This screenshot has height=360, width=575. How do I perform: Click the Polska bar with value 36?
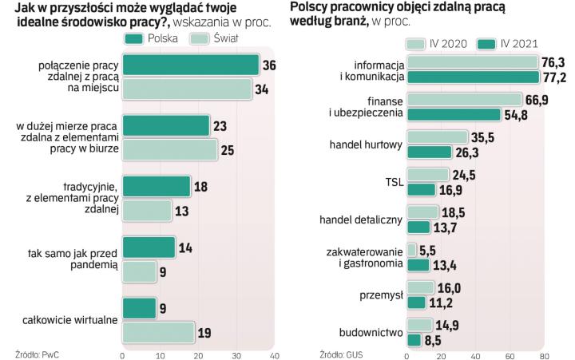pos(190,65)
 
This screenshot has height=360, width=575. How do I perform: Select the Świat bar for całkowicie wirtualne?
pos(158,331)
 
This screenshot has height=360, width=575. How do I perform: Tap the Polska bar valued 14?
pos(148,247)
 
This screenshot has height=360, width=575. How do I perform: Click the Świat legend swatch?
pos(200,38)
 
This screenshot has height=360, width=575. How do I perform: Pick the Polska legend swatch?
pos(137,38)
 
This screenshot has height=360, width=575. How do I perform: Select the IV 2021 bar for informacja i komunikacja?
pos(472,77)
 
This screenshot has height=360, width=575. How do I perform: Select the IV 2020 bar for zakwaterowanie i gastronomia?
pos(411,250)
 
